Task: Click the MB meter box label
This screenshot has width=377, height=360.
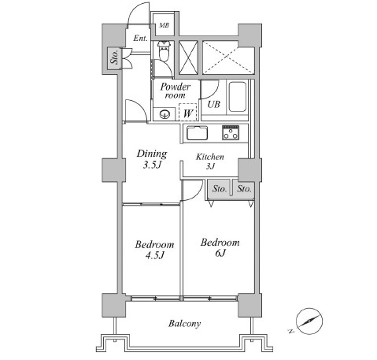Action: tap(164, 25)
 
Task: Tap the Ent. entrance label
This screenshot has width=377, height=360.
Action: tap(140, 39)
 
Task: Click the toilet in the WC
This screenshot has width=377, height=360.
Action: tap(164, 51)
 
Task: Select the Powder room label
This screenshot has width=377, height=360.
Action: tap(176, 91)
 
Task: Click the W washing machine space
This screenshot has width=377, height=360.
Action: tap(188, 113)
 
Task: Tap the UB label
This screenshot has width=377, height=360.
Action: tap(213, 104)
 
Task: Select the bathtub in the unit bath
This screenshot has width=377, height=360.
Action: tap(238, 97)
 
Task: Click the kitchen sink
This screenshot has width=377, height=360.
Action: tap(197, 133)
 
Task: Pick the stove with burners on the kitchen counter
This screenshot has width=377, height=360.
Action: tap(231, 132)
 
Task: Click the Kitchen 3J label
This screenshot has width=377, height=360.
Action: tap(210, 161)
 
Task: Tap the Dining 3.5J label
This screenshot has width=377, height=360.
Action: tap(152, 159)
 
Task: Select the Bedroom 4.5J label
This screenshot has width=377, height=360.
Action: tap(154, 250)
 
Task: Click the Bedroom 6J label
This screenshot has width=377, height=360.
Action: tap(220, 247)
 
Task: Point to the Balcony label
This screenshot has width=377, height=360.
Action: tap(184, 324)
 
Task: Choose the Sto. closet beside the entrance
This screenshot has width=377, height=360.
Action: tap(115, 58)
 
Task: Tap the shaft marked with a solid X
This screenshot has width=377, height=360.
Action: tap(188, 58)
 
